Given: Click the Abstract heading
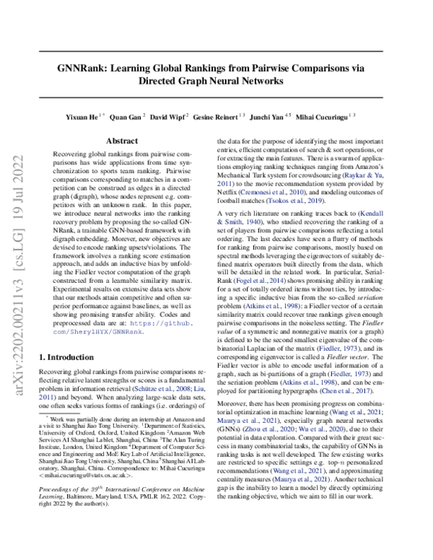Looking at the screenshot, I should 122,141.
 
